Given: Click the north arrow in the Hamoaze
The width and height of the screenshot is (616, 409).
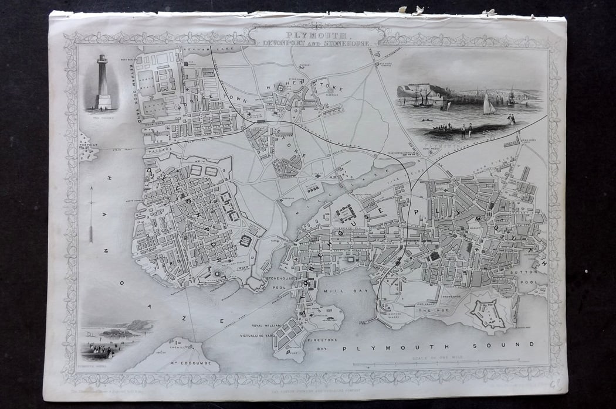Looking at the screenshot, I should pyautogui.click(x=91, y=214).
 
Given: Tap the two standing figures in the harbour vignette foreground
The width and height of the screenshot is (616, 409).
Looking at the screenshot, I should pyautogui.click(x=466, y=130).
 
